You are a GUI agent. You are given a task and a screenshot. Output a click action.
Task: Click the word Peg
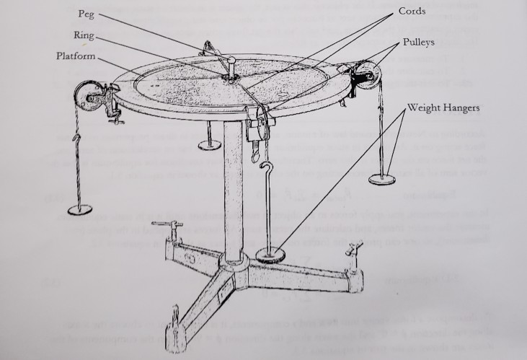84,14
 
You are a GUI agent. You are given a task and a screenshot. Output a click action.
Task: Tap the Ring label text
83,35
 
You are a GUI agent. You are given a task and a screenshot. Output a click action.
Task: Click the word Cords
412,12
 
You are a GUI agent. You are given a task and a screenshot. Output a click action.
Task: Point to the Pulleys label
418,43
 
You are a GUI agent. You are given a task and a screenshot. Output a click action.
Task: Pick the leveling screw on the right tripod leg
353,253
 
